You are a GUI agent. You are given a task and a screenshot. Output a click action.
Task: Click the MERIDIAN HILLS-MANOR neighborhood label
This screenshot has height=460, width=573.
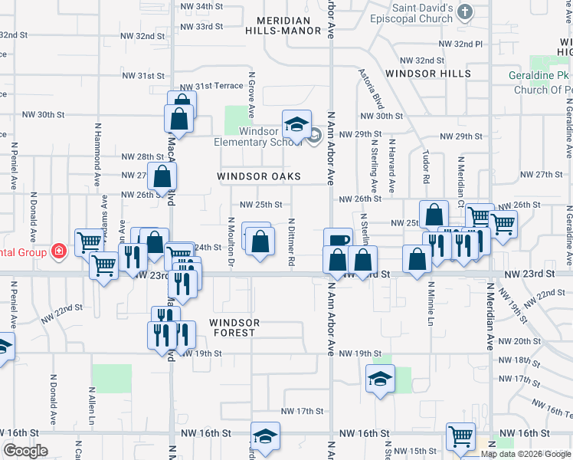(x=283, y=25)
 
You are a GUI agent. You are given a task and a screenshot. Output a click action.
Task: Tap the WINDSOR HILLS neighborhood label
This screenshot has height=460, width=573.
(x=428, y=74)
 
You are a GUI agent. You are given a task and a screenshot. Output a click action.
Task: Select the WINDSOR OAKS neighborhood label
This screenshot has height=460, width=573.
(x=257, y=176)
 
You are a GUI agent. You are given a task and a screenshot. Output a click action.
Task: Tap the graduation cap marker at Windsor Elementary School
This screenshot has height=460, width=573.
(x=296, y=124)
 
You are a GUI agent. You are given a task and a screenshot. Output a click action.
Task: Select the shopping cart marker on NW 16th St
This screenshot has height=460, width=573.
(x=460, y=436)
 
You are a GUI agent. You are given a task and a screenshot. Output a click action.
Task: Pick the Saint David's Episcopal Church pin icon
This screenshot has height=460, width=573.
(x=463, y=11)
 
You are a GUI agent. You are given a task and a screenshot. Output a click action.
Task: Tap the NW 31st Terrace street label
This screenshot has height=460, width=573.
(x=211, y=86)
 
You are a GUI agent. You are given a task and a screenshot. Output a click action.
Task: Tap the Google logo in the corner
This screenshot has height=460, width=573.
(x=25, y=451)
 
